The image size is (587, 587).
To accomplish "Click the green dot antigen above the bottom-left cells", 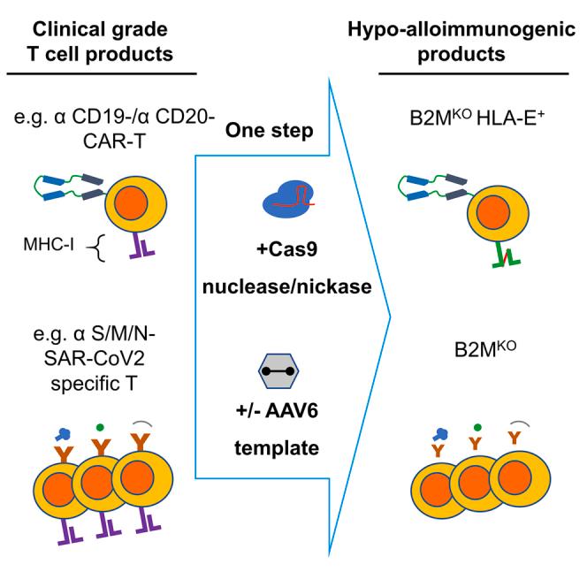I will (106, 413).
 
